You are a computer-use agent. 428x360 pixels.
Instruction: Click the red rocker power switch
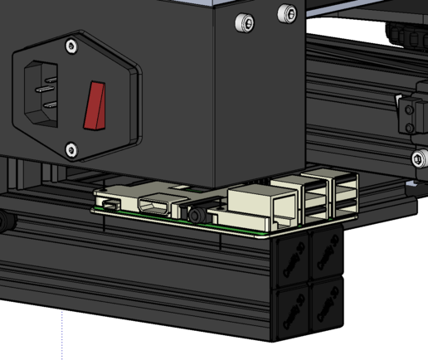point(95,105)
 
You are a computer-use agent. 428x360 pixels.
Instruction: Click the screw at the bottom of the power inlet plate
point(71,149)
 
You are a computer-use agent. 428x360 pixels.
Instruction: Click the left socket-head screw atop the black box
point(243,22)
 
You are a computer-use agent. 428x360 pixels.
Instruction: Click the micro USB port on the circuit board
point(109,203)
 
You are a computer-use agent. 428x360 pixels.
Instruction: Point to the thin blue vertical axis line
point(62,336)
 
